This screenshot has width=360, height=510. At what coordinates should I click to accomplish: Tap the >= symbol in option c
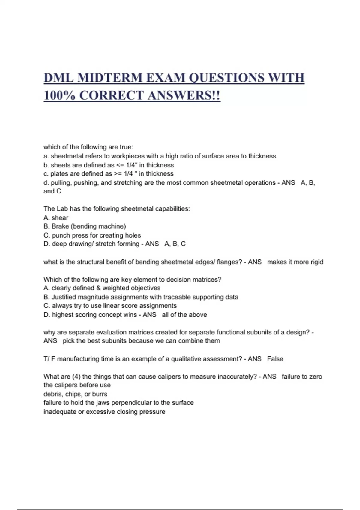click(x=118, y=174)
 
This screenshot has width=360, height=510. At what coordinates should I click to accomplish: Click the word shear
click(x=60, y=218)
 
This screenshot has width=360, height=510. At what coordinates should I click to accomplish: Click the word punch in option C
click(x=61, y=235)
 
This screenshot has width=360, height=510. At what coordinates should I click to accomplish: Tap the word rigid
click(x=317, y=262)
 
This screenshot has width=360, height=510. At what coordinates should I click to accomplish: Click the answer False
click(x=275, y=359)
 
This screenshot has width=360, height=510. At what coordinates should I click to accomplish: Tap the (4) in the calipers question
click(x=76, y=376)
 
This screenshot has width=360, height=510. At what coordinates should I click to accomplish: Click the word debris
click(x=52, y=394)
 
